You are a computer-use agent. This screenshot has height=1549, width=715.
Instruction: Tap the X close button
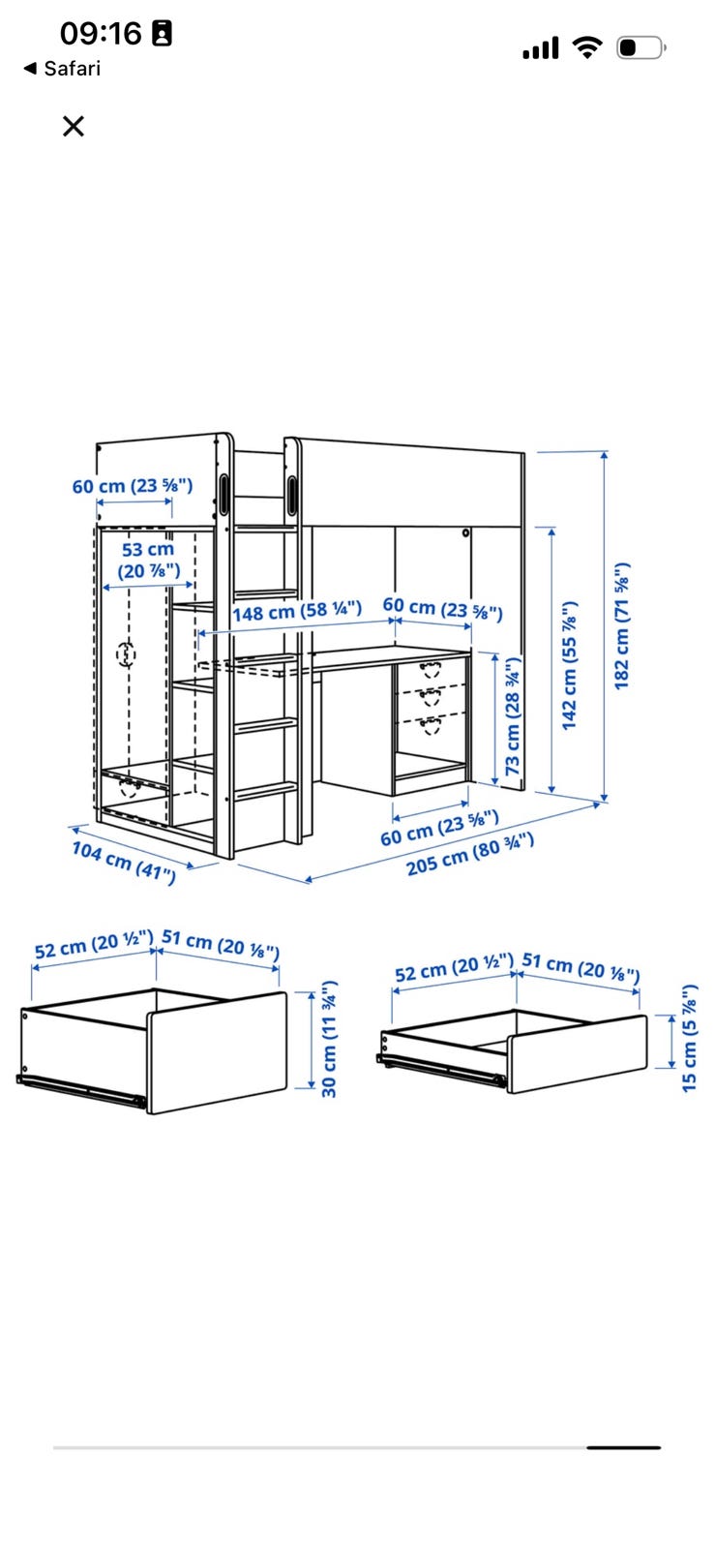click(74, 126)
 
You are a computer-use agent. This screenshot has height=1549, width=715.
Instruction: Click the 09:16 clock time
click(101, 33)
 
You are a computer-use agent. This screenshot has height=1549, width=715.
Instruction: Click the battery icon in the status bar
click(641, 47)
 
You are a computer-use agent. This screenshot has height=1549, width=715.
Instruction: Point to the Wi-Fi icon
click(587, 47)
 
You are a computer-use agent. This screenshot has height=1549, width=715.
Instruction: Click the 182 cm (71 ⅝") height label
click(622, 625)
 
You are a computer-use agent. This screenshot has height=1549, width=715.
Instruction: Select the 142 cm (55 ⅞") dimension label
click(569, 665)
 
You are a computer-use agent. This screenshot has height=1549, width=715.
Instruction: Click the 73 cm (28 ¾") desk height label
click(512, 716)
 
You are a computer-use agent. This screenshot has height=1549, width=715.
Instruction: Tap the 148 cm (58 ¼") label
click(297, 611)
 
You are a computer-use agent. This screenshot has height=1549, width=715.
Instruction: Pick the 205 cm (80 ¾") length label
click(470, 855)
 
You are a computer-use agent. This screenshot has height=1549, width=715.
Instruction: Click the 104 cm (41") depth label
click(125, 863)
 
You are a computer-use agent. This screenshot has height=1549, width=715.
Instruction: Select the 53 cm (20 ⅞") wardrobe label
click(149, 561)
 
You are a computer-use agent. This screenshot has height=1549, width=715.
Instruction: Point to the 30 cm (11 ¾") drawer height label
click(329, 1039)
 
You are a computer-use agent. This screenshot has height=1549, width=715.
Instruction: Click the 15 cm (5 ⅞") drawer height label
click(690, 1038)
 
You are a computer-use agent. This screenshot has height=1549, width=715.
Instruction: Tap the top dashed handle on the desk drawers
click(431, 669)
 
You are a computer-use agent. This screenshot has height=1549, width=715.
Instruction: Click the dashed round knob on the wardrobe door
click(126, 653)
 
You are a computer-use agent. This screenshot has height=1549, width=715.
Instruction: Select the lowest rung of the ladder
click(266, 790)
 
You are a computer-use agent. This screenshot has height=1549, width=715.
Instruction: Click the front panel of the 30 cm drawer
click(218, 1052)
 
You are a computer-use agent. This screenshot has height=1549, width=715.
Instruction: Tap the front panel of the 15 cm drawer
click(579, 1054)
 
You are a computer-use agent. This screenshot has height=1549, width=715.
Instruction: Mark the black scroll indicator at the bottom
click(624, 1447)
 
